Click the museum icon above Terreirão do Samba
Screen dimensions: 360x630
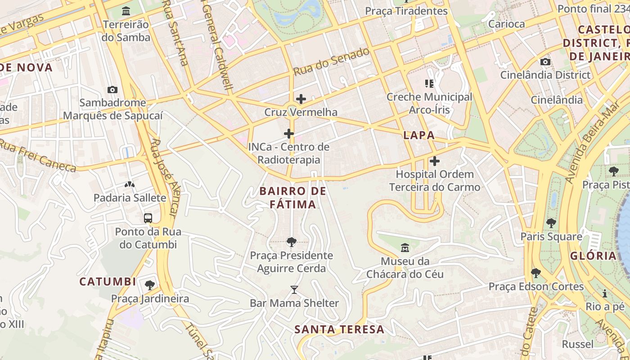coord(126,11)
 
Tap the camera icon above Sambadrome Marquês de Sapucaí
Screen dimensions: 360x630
coord(112,90)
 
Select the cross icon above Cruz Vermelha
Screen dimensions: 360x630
coord(301,99)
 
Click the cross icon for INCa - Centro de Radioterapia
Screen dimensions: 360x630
coord(289,134)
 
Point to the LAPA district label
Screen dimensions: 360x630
coord(419,135)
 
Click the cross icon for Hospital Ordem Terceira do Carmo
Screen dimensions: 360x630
coord(434,161)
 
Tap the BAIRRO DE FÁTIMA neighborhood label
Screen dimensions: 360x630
coord(293,198)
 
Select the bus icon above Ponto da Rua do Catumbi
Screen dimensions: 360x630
coord(148,218)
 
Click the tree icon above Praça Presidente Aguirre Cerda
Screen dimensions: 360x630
coord(291,242)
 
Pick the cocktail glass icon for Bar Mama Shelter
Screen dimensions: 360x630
coord(294,289)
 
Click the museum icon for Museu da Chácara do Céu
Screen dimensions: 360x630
coord(405,247)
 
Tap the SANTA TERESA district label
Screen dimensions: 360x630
coord(339,329)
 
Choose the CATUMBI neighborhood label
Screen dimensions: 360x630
coord(108,282)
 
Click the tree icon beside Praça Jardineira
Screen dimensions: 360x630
coord(150,285)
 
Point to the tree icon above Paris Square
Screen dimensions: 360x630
coord(551,223)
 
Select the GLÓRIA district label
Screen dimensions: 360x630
coord(593,256)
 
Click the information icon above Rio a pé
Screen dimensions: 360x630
coord(605,293)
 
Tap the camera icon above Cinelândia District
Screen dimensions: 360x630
coord(545,62)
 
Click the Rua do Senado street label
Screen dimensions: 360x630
coord(331,62)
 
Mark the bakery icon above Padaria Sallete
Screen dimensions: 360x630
coord(130,184)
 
